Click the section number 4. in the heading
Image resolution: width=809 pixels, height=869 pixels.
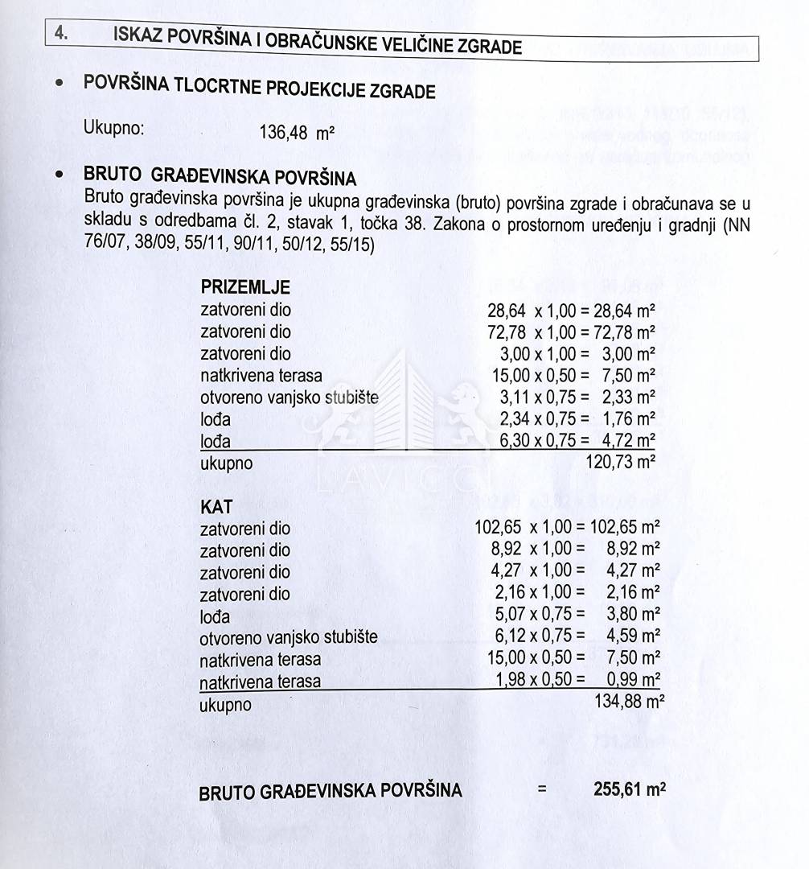(x=60, y=34)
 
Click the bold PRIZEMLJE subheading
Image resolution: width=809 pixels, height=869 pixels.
(x=245, y=287)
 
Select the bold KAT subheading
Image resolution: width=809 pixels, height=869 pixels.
(x=216, y=507)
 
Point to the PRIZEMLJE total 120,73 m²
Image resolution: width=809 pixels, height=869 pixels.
(x=623, y=463)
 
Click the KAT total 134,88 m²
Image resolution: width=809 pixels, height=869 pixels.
(x=628, y=702)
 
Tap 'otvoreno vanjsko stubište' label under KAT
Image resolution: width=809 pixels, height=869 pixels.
(x=289, y=637)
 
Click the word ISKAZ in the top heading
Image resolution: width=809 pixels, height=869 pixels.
(x=139, y=36)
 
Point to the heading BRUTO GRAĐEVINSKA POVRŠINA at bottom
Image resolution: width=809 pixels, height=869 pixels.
(x=331, y=791)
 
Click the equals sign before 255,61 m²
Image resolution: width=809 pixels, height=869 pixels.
(x=542, y=789)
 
